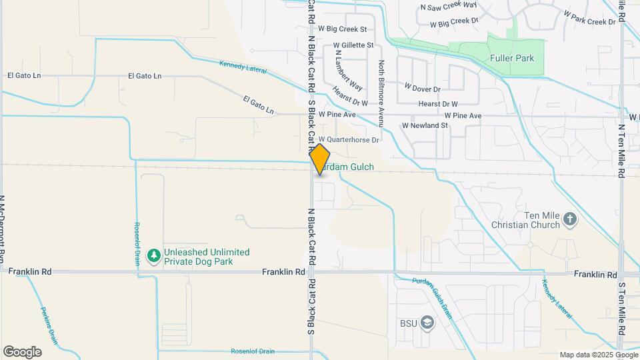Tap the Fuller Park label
pos(512,59)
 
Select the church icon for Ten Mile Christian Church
pos(570,218)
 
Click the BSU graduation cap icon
pos(427,323)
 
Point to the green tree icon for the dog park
pos(154,255)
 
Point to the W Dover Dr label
pos(423,87)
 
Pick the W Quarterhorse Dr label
pos(353,140)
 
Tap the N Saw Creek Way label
pos(449,6)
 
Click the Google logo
pos(22,352)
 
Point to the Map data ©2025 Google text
pos(598,355)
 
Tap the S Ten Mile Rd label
pos(621,308)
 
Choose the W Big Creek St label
pos(343,29)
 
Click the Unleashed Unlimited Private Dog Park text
pos(207,257)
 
